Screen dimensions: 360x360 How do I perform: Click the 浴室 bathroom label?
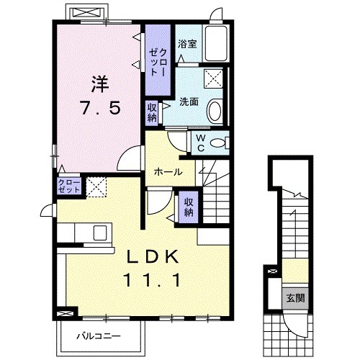coord(187,44)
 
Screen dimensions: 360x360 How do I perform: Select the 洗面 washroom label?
coord(189,102)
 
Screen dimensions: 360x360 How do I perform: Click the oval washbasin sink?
coord(215,112)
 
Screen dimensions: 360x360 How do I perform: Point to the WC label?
coord(201,143)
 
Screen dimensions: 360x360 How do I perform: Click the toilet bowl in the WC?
coord(219,143)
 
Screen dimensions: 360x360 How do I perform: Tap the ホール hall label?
coord(168,172)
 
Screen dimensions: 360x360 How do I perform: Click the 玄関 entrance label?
coord(296,298)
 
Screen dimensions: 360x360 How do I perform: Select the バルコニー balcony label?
coord(99,336)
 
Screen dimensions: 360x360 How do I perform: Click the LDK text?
coord(153,257)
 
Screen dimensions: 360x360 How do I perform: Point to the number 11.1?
coord(152,281)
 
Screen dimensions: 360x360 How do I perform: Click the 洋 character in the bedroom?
coord(100,84)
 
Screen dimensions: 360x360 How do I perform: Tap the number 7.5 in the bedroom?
coord(101,108)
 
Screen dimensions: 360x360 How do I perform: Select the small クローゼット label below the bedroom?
coord(69,186)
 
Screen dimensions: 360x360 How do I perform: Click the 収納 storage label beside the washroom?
coord(152,112)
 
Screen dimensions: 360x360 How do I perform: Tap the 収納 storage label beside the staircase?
coord(189,207)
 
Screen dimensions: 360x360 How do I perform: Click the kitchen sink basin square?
coord(100,233)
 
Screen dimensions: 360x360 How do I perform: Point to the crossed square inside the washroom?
coord(213,78)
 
